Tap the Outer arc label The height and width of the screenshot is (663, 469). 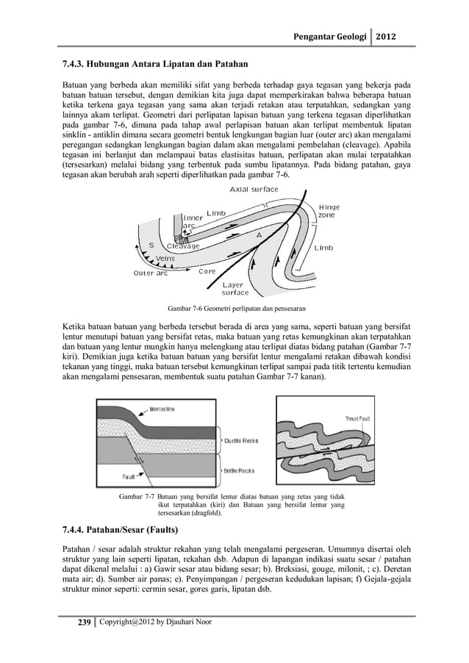(150, 273)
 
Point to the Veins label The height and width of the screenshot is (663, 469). (170, 258)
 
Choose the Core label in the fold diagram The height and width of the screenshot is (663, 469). (207, 271)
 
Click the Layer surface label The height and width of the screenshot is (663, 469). (234, 287)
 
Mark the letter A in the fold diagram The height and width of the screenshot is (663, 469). (258, 234)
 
